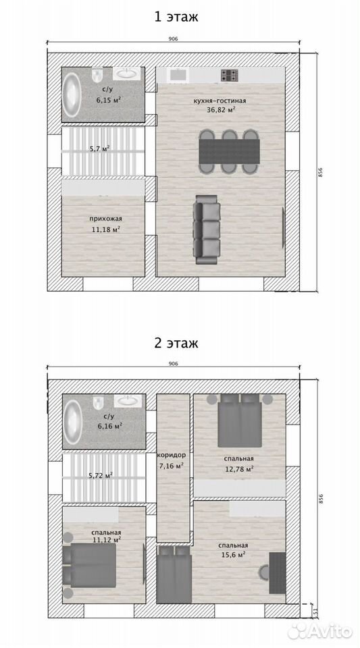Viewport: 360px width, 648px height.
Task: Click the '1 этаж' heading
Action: click(x=176, y=17)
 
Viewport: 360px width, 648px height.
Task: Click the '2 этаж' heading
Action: click(x=176, y=343)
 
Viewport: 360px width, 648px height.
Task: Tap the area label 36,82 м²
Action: click(x=221, y=110)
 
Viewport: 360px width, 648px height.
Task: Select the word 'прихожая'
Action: click(x=106, y=219)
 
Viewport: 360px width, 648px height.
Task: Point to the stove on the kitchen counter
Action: click(x=230, y=75)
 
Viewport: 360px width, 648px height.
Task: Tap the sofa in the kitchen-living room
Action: click(x=207, y=230)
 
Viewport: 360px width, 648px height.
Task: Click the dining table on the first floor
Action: click(x=230, y=151)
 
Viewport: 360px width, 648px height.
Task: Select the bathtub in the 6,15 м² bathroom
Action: click(x=71, y=94)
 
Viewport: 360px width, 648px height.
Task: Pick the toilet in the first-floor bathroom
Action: click(x=97, y=75)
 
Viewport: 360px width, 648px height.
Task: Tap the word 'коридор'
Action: click(x=171, y=456)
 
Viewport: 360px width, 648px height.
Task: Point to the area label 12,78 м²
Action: click(x=239, y=468)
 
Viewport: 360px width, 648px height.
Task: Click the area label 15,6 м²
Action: click(x=234, y=555)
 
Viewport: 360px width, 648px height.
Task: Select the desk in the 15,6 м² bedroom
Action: click(x=278, y=573)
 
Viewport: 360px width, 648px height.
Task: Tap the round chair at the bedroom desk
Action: click(x=264, y=572)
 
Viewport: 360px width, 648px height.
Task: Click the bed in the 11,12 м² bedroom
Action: click(x=89, y=565)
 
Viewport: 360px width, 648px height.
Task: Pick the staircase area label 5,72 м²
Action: click(x=101, y=476)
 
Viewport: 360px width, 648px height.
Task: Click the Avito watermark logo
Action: click(x=320, y=630)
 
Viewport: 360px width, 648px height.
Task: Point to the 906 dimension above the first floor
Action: click(x=173, y=39)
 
